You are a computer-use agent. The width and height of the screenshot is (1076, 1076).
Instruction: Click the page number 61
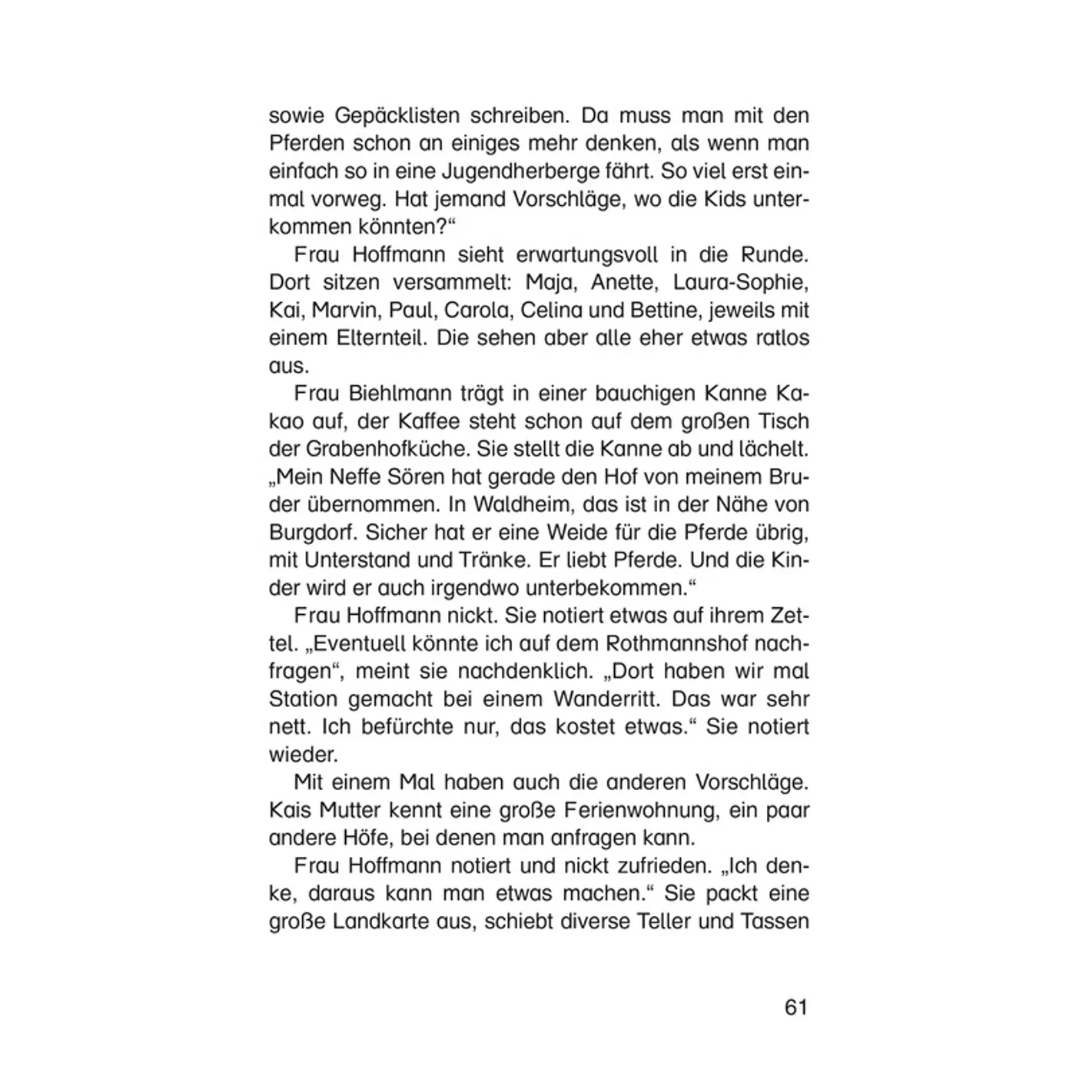pos(796,1007)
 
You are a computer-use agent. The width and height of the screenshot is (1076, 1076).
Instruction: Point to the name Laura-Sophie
pos(740,283)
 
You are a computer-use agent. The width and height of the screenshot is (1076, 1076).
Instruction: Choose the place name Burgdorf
pos(313,533)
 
